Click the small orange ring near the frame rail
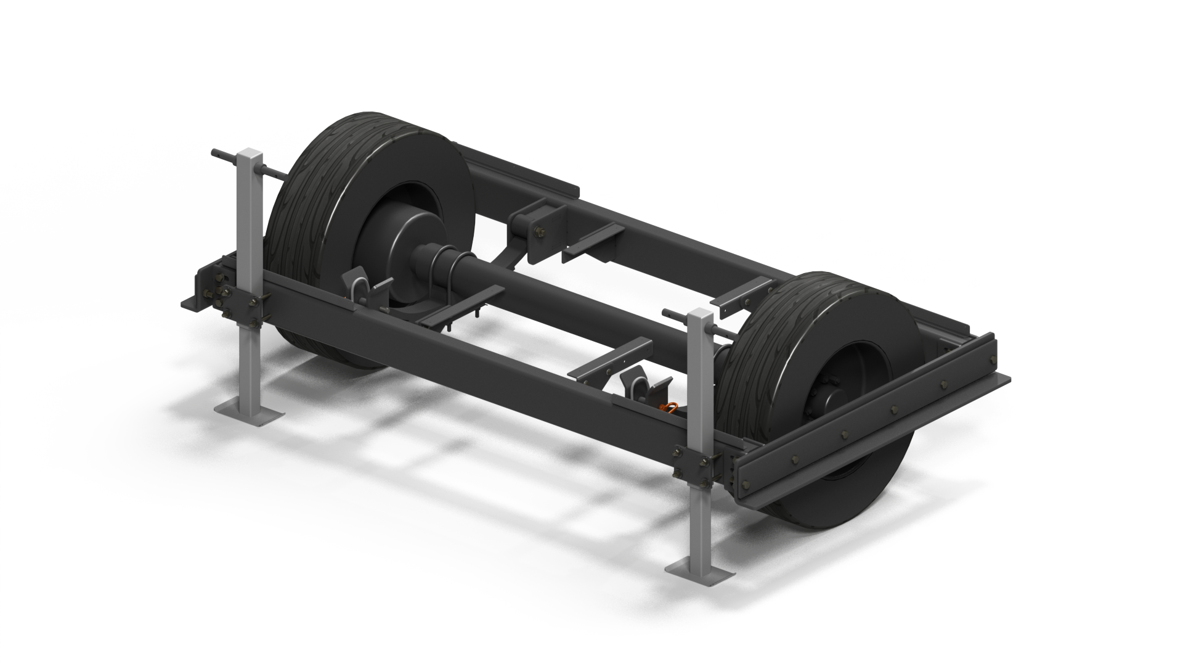[x=670, y=406]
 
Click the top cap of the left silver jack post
[x=250, y=152]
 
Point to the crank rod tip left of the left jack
[x=216, y=153]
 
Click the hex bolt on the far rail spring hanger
[x=540, y=232]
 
